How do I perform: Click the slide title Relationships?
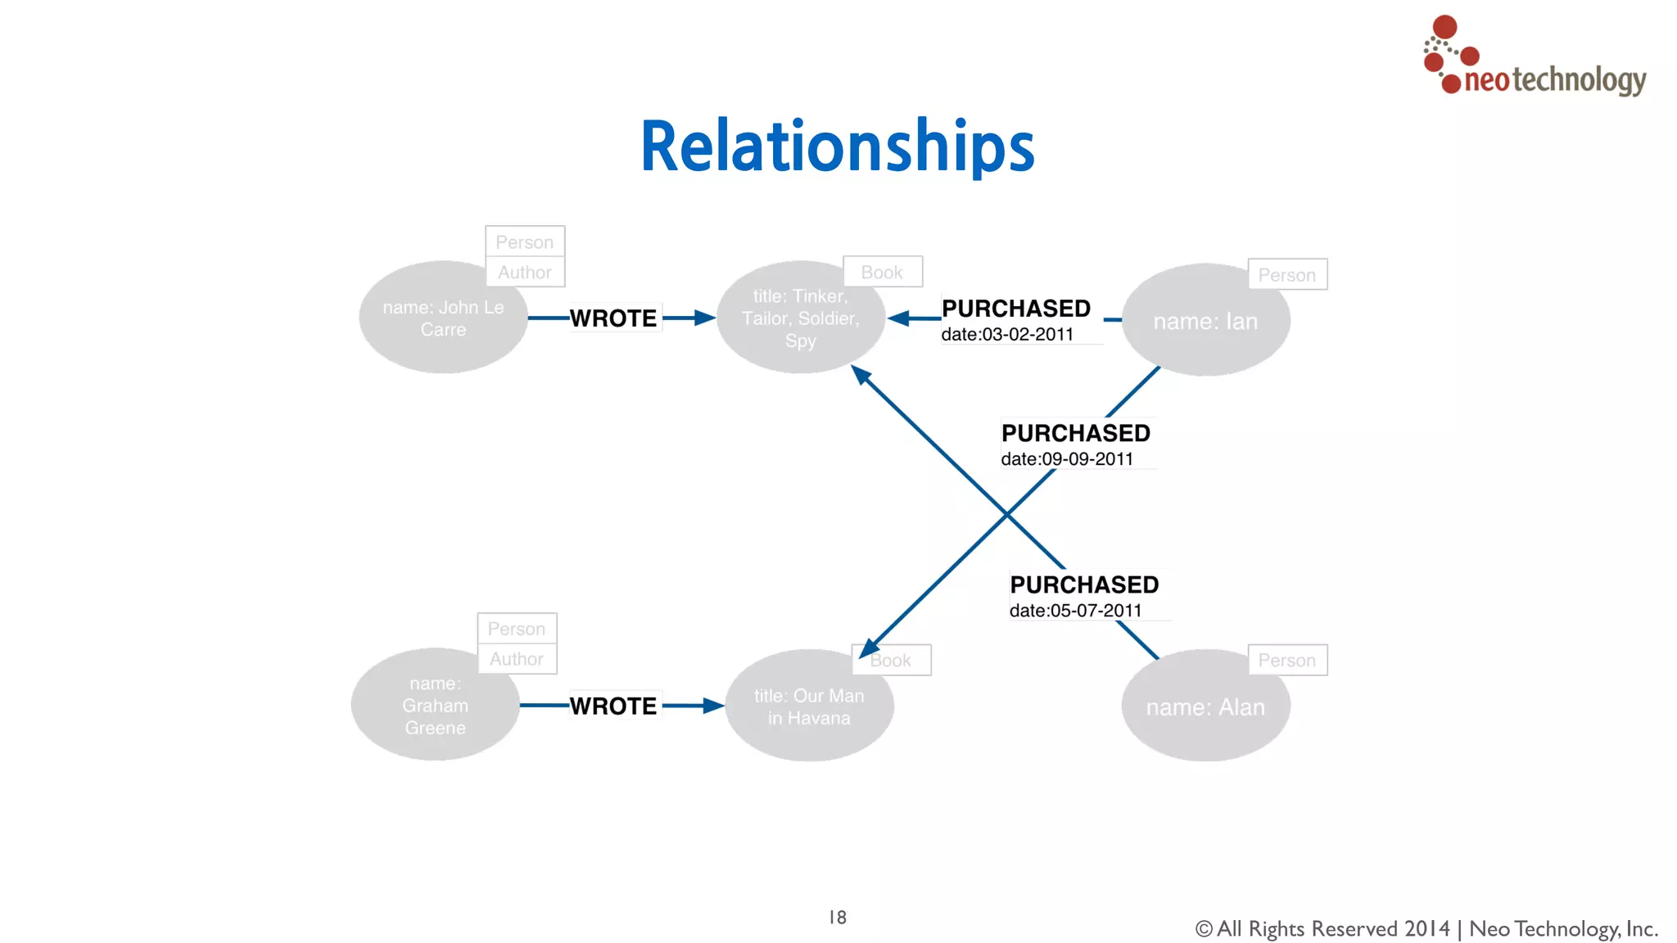837,147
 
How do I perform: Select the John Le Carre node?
443,318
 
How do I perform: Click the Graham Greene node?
435,706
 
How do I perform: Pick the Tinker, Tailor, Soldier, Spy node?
800,318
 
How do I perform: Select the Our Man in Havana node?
808,706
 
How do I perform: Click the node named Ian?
1205,322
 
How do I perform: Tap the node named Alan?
1205,707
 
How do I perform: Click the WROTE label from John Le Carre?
613,318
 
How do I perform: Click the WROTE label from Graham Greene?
613,706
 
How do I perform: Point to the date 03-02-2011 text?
1007,335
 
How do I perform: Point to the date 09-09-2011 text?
1067,459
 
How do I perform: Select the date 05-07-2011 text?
1075,611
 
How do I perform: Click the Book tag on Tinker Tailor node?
882,273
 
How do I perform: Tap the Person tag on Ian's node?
1286,275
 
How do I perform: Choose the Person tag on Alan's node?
1286,661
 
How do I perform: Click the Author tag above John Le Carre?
525,273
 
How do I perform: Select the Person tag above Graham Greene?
517,629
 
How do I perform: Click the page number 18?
837,918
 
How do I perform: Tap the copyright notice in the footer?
1426,929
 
